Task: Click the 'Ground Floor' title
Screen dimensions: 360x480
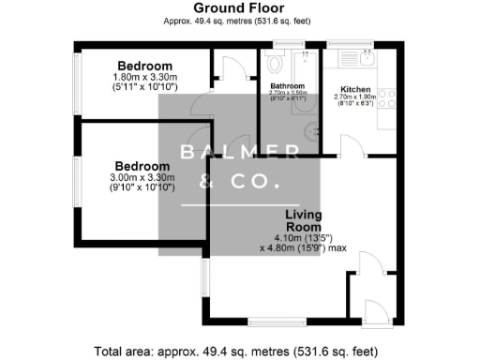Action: coord(239,7)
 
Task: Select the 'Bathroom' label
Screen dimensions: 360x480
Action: coord(288,85)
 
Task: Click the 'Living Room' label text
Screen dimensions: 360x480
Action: coord(303,220)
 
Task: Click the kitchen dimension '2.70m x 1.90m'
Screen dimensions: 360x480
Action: coord(354,101)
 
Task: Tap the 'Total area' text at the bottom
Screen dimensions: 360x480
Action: coord(239,350)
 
